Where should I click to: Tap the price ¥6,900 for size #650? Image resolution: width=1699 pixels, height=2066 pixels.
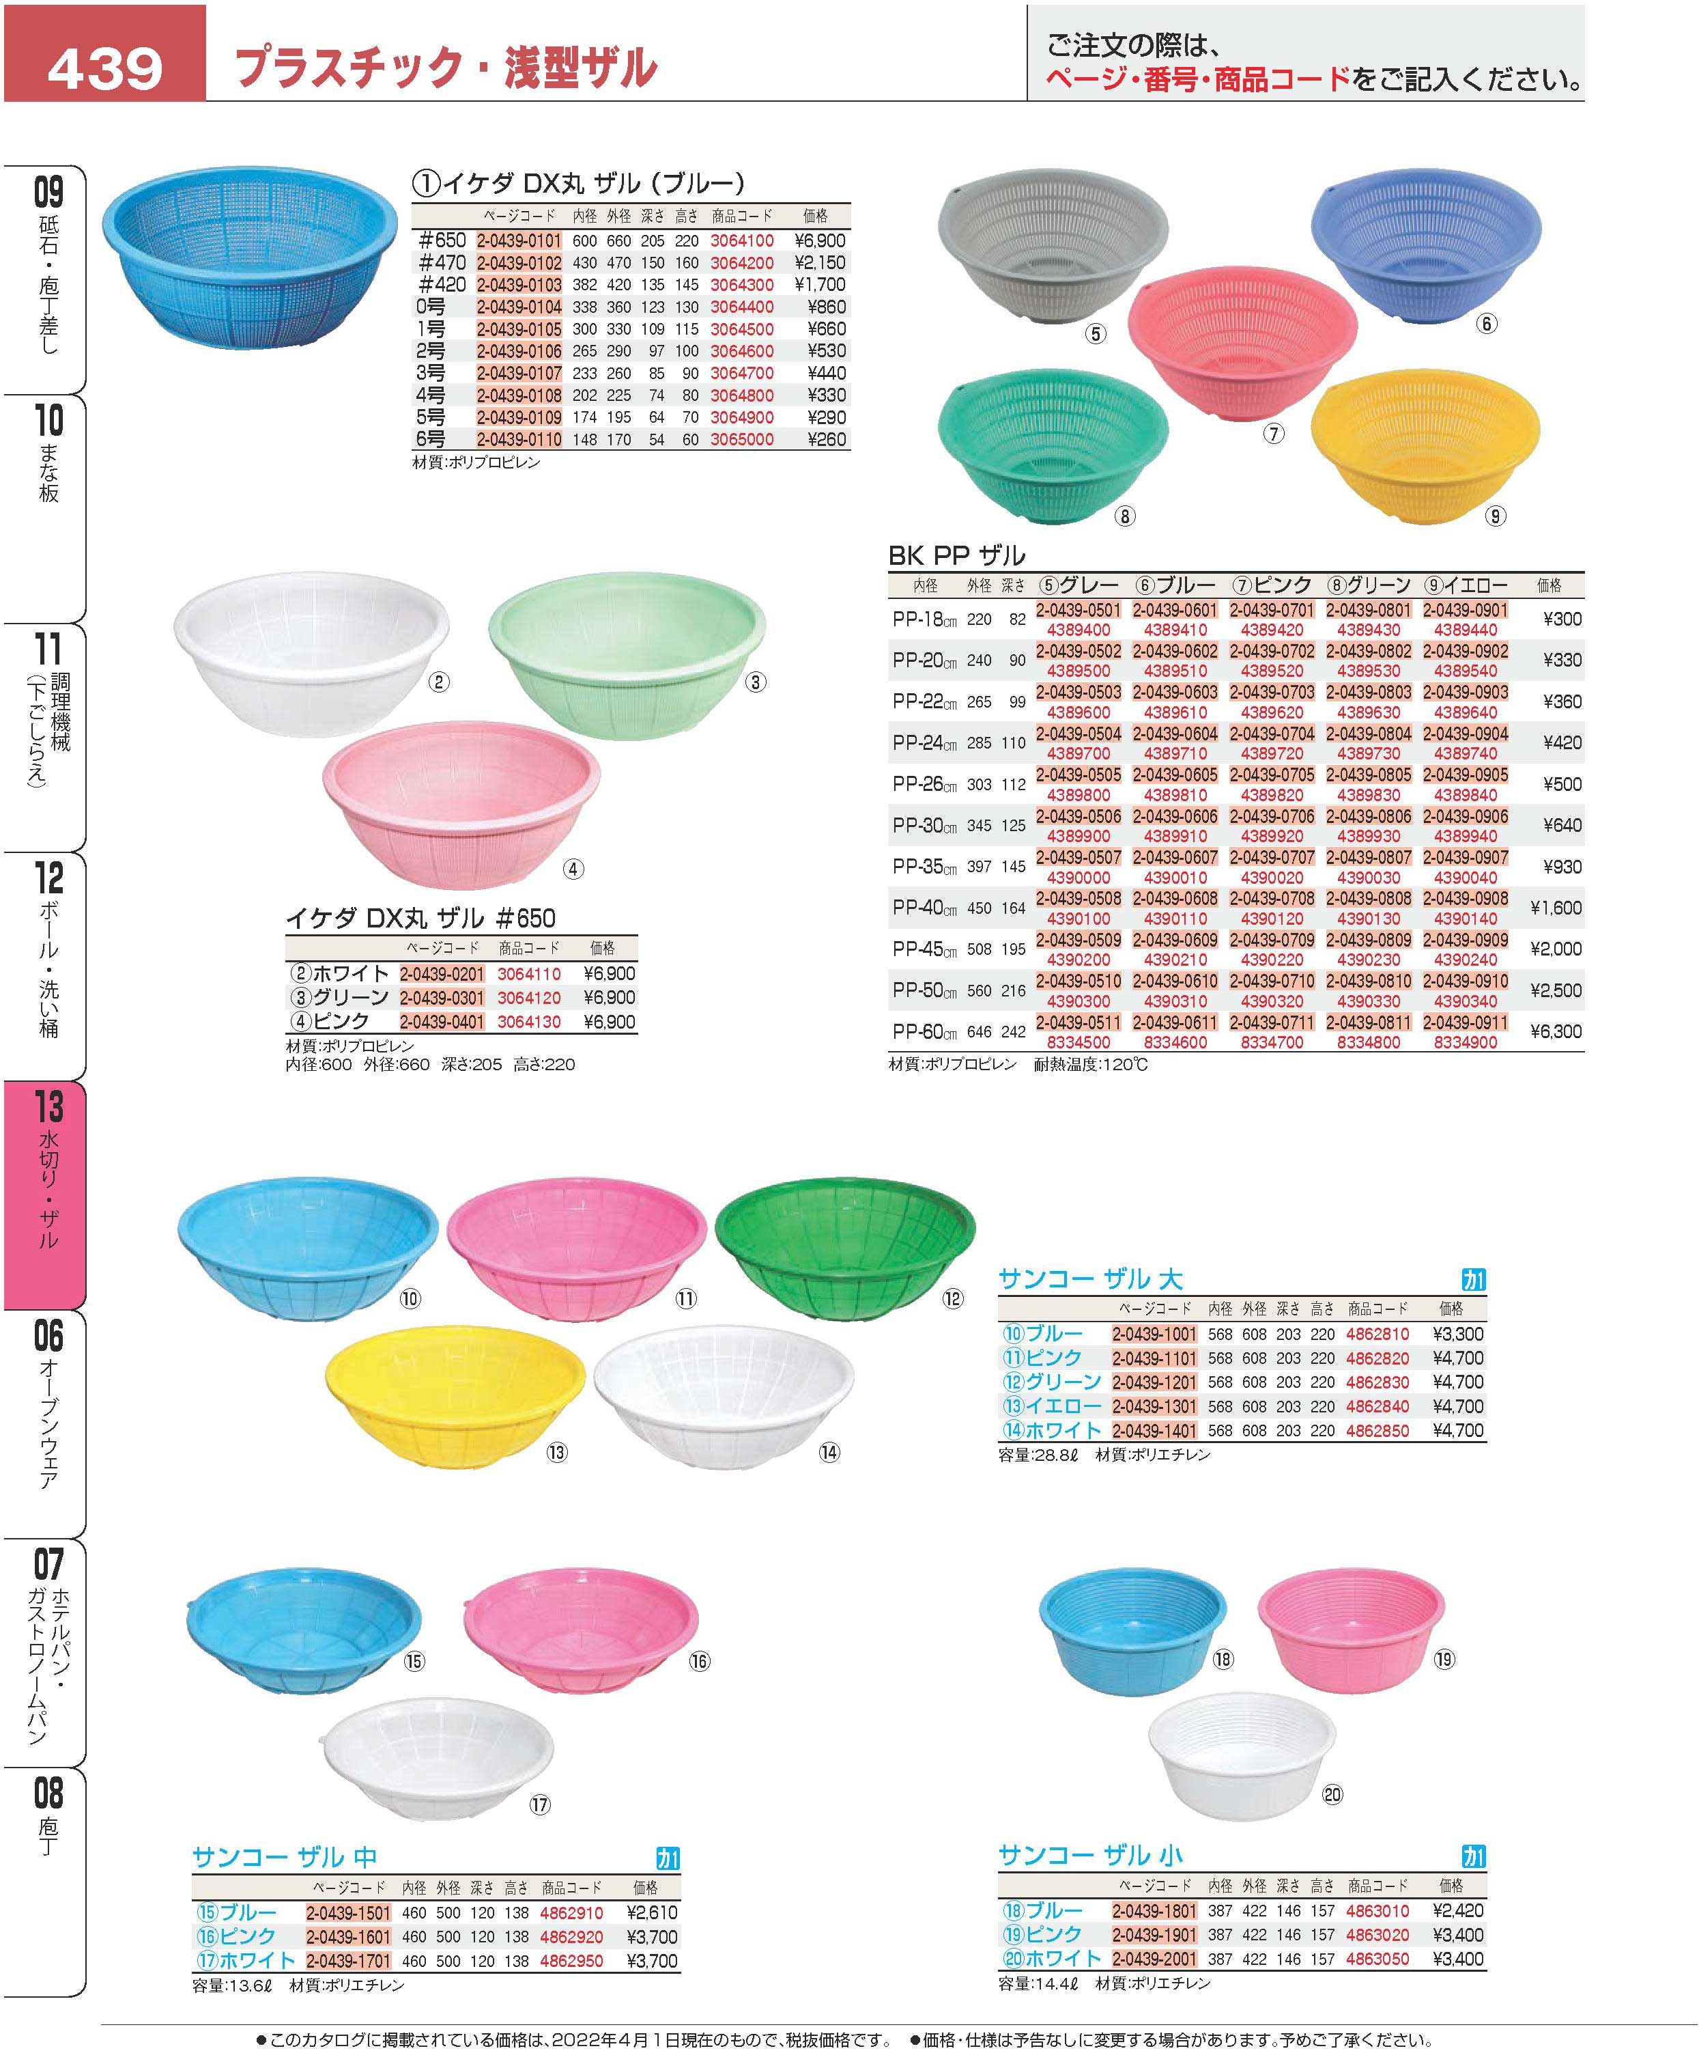tap(819, 241)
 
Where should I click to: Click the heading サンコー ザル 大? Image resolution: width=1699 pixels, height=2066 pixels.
tap(1089, 1279)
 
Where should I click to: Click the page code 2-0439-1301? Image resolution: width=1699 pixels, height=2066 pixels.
tap(1154, 1406)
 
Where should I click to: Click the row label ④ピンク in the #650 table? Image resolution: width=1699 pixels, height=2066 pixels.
tap(330, 1021)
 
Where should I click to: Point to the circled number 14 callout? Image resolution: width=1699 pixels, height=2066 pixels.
tap(829, 1452)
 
